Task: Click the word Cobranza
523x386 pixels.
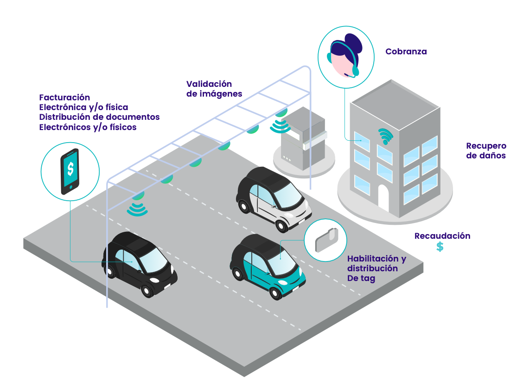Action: (406, 52)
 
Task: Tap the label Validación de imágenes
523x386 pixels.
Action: (214, 89)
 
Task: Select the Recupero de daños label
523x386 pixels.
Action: (485, 150)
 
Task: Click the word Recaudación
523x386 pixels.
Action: (442, 236)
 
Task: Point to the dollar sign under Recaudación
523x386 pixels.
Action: (440, 247)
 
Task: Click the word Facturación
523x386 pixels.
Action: (64, 98)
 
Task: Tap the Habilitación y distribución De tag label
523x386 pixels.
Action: (376, 268)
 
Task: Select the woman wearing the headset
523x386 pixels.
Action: (345, 56)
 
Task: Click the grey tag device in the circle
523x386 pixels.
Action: (325, 240)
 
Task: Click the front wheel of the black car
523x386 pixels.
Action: (147, 291)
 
